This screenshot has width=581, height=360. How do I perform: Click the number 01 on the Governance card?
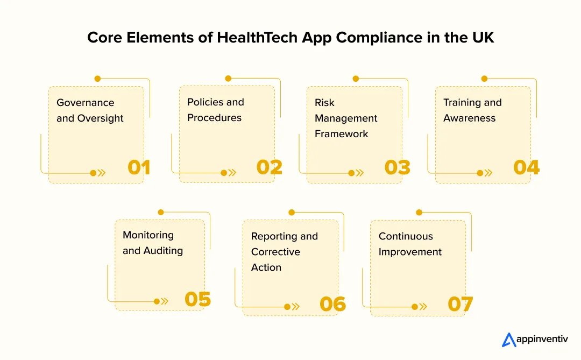click(139, 168)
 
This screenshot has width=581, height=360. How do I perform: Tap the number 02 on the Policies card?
click(269, 167)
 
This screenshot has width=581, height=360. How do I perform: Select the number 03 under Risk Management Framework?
click(398, 168)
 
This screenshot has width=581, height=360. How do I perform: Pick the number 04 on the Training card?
click(526, 168)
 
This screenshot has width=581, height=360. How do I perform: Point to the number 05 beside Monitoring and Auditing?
click(197, 300)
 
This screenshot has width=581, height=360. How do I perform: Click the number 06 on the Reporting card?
click(332, 305)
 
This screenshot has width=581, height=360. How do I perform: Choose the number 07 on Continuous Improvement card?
click(460, 305)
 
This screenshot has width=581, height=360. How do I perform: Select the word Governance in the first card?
click(86, 102)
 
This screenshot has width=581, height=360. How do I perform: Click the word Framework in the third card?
click(342, 134)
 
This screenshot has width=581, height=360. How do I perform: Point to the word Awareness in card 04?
click(470, 118)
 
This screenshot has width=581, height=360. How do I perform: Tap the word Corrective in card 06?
click(275, 252)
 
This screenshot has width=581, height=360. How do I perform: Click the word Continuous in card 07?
click(406, 236)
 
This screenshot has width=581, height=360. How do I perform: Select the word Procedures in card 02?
click(215, 118)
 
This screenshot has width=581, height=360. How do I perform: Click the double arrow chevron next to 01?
click(102, 173)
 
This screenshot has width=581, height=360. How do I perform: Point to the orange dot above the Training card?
click(484, 79)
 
